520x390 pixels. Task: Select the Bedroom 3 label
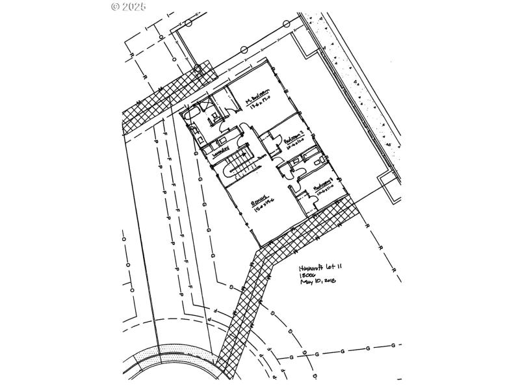[323, 184]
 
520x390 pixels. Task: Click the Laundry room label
[220, 150]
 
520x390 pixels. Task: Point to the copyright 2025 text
[129, 6]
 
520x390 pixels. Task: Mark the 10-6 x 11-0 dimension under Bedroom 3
[325, 190]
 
